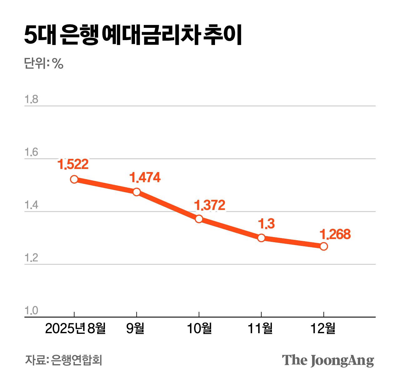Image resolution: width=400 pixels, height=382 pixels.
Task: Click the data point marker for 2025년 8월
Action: [74, 179]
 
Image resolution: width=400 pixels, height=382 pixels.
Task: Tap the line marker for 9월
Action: [137, 192]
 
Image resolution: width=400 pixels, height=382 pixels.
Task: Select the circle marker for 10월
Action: [199, 219]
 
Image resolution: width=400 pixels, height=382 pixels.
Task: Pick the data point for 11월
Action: [261, 238]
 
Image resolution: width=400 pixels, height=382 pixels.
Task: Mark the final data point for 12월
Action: [324, 246]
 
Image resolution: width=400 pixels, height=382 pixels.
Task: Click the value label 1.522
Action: [73, 164]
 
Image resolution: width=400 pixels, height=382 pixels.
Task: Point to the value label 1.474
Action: [145, 178]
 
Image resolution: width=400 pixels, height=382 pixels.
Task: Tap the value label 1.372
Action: [210, 205]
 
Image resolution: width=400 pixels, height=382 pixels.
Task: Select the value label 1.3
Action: [266, 224]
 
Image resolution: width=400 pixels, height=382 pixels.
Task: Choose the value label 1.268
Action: [335, 234]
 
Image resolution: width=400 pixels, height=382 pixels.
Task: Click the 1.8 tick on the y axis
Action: [31, 99]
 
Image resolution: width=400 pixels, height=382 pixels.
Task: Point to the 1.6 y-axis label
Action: [31, 152]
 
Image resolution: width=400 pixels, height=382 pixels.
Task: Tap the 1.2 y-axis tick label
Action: [31, 258]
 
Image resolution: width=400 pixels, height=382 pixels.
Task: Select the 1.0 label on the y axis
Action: [31, 311]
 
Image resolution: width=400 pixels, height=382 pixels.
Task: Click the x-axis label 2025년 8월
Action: [75, 329]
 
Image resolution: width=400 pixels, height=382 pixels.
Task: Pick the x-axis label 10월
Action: [199, 329]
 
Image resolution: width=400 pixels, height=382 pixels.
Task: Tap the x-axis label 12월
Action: [323, 329]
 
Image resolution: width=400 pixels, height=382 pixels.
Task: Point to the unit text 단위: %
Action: [44, 64]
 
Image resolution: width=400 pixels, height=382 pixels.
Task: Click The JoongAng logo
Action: [328, 360]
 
